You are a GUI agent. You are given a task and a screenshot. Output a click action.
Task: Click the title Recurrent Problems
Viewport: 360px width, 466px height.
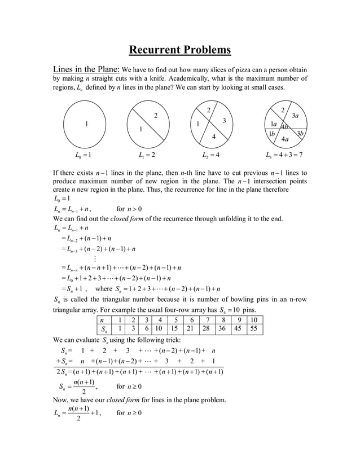pyautogui.click(x=180, y=50)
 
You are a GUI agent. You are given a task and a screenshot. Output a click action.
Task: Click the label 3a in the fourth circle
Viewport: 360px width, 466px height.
pyautogui.click(x=295, y=116)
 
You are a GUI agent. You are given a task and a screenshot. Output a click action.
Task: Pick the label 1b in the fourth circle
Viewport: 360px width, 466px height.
pyautogui.click(x=272, y=134)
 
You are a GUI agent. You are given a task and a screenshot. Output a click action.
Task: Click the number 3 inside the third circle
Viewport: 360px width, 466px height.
pyautogui.click(x=224, y=121)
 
